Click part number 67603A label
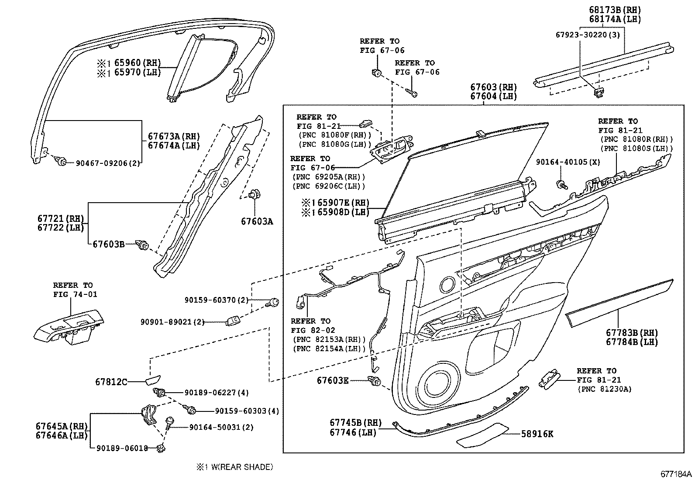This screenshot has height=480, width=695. [257, 221]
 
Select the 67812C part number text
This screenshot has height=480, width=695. [111, 382]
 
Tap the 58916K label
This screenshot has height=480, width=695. [537, 434]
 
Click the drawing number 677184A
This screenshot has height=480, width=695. [675, 474]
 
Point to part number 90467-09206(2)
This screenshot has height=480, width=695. [108, 163]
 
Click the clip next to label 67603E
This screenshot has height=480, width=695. [374, 381]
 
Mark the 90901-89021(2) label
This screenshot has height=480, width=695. [172, 322]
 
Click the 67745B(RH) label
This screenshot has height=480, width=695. [355, 423]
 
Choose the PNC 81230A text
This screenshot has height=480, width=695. [604, 389]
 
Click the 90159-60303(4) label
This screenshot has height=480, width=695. [247, 411]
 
